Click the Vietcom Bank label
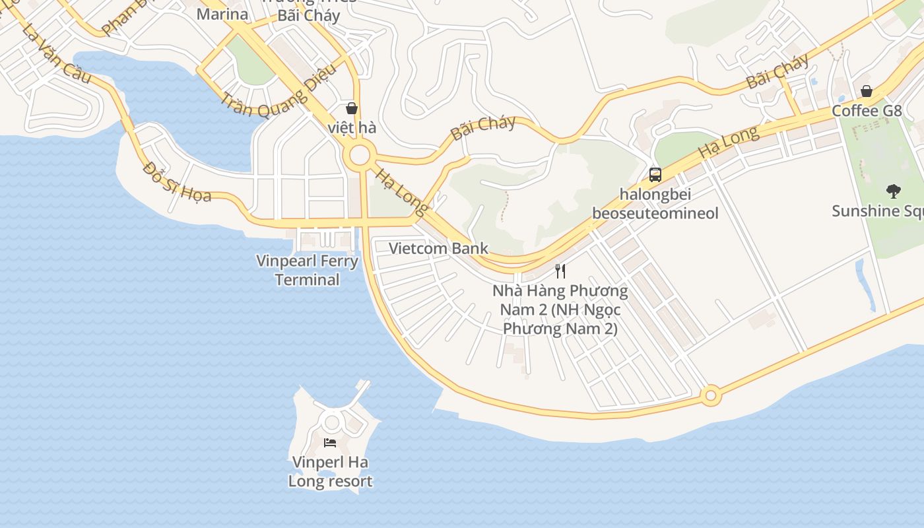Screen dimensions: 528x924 coord(438,249)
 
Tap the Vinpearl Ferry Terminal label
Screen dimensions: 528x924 coord(308,270)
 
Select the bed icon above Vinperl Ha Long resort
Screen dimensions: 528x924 coord(330,442)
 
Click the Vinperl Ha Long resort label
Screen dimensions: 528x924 coord(330,471)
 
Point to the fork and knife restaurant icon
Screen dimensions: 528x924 coord(560,271)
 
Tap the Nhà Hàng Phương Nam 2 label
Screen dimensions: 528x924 coord(560,309)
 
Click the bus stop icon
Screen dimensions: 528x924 coord(655,175)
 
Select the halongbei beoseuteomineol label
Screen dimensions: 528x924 coord(655,204)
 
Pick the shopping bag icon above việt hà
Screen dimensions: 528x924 coord(352,108)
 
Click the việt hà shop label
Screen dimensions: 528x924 coord(352,127)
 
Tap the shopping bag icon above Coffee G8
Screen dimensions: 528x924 coord(866,91)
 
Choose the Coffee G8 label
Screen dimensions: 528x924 coord(866,111)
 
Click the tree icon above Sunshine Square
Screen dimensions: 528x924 coord(894,192)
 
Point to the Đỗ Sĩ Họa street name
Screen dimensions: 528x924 coord(177,181)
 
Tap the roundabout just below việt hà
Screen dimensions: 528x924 coord(360,156)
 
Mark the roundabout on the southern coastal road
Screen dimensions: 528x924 coord(710,396)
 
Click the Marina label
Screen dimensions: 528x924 coord(222,14)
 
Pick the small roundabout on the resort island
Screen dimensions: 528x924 coord(331,422)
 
